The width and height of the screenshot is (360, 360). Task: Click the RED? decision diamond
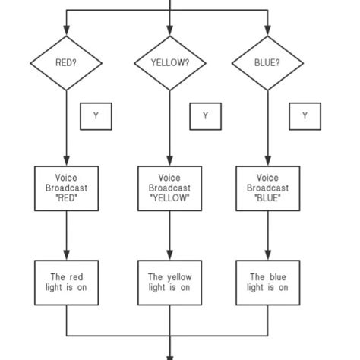coord(67,63)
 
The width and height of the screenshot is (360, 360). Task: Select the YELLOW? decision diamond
coord(169,63)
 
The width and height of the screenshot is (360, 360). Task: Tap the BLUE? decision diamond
coord(267,63)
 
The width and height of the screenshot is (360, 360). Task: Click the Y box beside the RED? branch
coord(96,116)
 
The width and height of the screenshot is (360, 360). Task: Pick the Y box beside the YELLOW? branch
coord(205,116)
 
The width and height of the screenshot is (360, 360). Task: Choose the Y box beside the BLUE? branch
coord(305,116)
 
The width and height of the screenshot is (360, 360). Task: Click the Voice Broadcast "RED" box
coord(67,188)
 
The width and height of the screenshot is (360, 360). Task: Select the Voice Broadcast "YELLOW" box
coord(169,188)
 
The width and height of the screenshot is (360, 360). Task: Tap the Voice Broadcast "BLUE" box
coord(267,188)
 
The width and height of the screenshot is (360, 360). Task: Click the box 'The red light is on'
coord(67,282)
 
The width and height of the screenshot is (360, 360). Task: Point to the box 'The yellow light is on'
coord(169,282)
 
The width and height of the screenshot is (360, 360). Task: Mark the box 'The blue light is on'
coord(267,282)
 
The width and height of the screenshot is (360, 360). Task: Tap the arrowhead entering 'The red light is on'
coord(67,254)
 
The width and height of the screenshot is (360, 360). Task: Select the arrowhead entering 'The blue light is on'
coord(267,254)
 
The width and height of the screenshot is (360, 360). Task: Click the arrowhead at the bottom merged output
coord(169,354)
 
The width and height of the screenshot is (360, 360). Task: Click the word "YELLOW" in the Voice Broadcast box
coord(169,198)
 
